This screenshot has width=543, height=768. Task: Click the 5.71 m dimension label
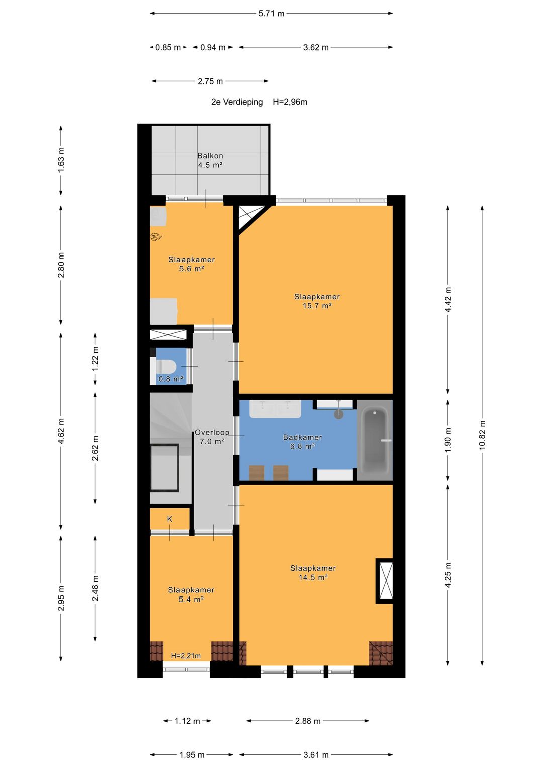[x=271, y=14]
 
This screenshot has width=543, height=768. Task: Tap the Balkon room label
[x=210, y=156]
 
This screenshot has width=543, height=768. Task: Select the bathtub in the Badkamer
[x=375, y=440]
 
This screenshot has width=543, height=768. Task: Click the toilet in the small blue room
[x=164, y=367]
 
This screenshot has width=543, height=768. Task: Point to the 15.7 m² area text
[x=317, y=306]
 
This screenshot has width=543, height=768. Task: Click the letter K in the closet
[x=170, y=519]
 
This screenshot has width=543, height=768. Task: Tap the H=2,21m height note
[x=186, y=656]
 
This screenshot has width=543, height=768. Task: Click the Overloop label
[x=212, y=433]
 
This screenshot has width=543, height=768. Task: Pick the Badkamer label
[x=302, y=437]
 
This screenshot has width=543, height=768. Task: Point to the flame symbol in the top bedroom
[x=156, y=236]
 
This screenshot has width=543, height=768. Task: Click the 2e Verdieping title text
[x=237, y=102]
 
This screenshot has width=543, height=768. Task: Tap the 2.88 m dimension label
[x=308, y=721]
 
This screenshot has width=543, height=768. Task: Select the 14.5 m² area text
[x=313, y=577]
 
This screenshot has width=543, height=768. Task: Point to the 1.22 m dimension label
[x=95, y=358]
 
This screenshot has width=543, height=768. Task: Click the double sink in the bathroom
[x=275, y=409]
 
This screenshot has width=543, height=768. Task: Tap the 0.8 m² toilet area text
[x=171, y=379]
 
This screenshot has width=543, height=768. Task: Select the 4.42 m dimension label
[x=448, y=299]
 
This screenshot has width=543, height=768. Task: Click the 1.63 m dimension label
[x=61, y=160]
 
